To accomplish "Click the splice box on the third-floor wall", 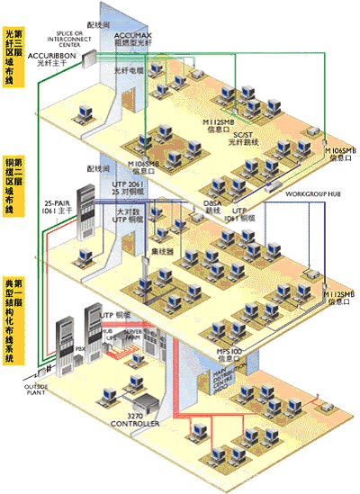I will [x=88, y=57].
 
